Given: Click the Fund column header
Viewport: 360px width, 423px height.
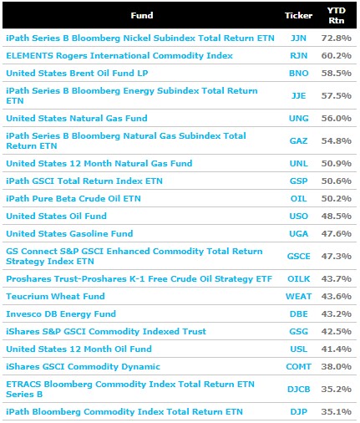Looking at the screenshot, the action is pyautogui.click(x=142, y=15).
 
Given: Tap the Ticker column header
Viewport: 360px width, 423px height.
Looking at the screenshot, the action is pyautogui.click(x=298, y=15).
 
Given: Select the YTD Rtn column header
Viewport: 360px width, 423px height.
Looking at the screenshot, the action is pyautogui.click(x=337, y=15).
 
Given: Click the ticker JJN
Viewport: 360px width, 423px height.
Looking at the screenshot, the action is pyautogui.click(x=298, y=38).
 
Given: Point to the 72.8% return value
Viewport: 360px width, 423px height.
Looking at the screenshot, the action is pyautogui.click(x=337, y=38).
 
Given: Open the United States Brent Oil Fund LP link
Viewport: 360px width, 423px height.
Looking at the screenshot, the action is pyautogui.click(x=77, y=73).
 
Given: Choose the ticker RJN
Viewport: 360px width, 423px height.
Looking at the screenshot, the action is pyautogui.click(x=298, y=55).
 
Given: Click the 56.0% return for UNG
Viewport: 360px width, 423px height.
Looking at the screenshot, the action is pyautogui.click(x=337, y=118).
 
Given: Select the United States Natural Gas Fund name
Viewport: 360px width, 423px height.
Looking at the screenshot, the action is pyautogui.click(x=77, y=118).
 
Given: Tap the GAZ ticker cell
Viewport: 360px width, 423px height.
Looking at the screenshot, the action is pyautogui.click(x=298, y=140).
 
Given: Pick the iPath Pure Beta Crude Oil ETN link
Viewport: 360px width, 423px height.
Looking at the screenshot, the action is pyautogui.click(x=74, y=198).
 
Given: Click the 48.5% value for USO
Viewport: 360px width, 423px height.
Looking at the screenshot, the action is pyautogui.click(x=337, y=216).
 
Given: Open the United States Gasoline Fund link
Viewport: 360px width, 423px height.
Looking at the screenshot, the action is pyautogui.click(x=69, y=233).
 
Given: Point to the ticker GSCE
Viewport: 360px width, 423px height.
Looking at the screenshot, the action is pyautogui.click(x=298, y=256).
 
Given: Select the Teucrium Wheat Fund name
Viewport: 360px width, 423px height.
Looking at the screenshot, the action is pyautogui.click(x=55, y=296).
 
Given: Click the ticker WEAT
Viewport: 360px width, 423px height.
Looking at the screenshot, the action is pyautogui.click(x=298, y=296).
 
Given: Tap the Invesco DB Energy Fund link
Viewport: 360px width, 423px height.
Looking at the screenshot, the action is pyautogui.click(x=61, y=313).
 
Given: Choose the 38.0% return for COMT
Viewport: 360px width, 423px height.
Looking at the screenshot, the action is pyautogui.click(x=337, y=366).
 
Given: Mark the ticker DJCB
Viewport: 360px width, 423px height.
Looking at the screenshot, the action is pyautogui.click(x=298, y=389).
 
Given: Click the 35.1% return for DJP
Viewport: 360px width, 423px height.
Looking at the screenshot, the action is pyautogui.click(x=337, y=411).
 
